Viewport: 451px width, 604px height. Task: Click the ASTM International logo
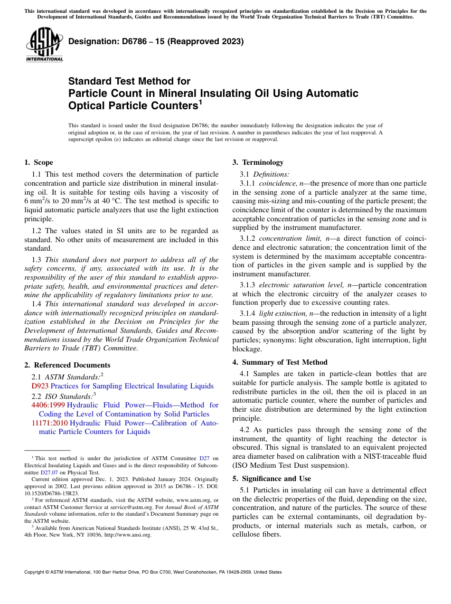[44, 44]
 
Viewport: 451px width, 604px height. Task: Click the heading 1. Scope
[38, 162]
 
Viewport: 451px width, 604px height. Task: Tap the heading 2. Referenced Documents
[67, 365]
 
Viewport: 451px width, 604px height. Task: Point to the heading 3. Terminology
[258, 162]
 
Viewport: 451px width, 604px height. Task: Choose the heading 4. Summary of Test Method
[280, 362]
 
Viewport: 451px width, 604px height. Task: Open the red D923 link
[40, 387]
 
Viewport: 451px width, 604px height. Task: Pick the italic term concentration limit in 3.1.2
[289, 238]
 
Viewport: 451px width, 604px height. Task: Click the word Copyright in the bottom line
[36, 572]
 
